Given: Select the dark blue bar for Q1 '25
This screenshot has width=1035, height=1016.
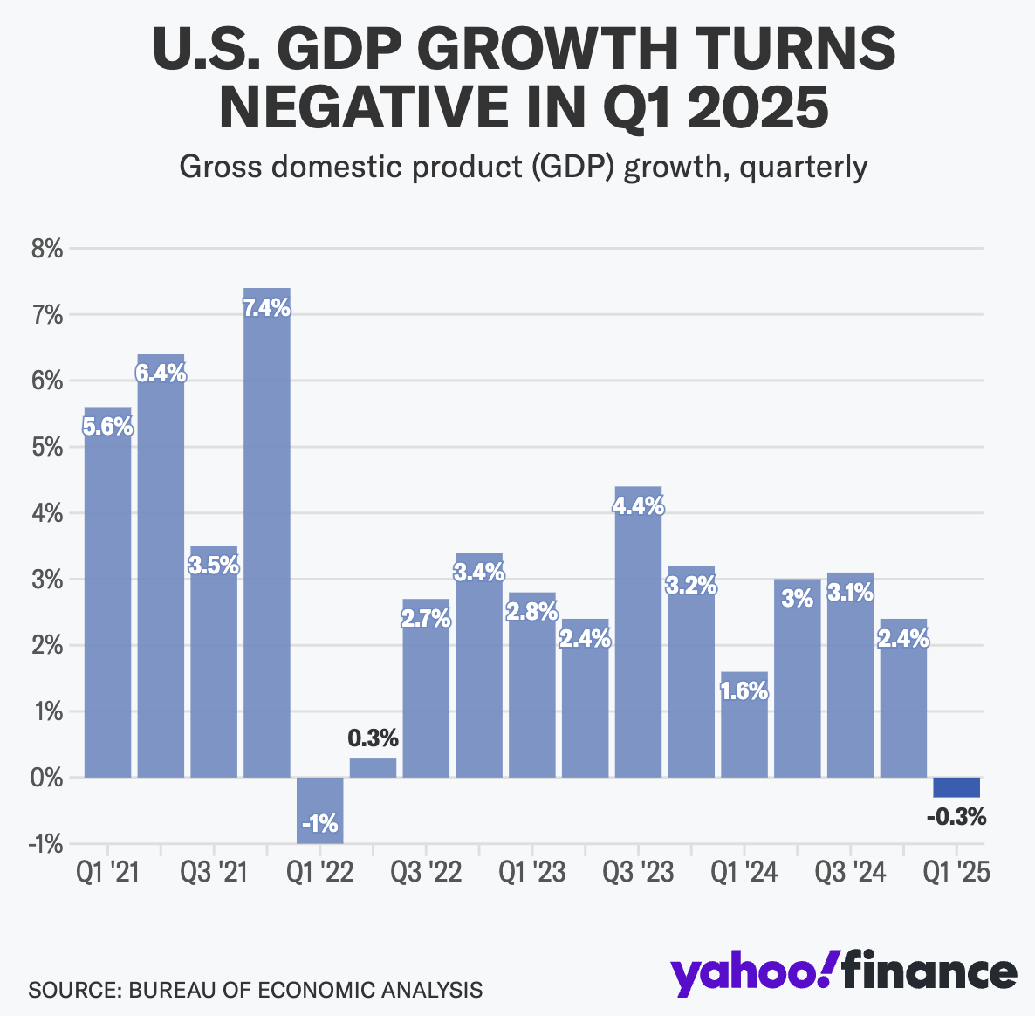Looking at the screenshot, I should coord(956,787).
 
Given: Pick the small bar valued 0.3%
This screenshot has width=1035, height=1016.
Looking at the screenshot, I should coord(374,767).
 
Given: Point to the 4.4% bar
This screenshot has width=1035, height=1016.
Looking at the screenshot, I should coord(638,637).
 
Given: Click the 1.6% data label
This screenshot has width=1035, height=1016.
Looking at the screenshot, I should coord(744,691).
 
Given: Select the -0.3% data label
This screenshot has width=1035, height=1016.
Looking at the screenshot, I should coord(956,818).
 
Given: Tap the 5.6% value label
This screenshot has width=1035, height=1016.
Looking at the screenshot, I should coord(107,427).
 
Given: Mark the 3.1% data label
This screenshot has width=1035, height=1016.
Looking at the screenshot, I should coord(850,594).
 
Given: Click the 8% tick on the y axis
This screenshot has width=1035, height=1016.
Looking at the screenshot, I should coord(47,250).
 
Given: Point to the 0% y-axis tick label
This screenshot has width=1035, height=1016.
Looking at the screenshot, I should coord(47,778).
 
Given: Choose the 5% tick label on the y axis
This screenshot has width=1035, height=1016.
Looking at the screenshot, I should coord(47,448).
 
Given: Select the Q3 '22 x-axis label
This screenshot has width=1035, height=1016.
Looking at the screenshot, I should coord(426,871).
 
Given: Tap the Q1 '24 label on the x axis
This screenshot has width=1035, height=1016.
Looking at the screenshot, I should coord(744,871).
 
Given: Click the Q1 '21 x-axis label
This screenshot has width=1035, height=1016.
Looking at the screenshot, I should coord(107,871).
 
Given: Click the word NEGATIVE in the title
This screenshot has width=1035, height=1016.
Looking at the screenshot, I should coord(383,106).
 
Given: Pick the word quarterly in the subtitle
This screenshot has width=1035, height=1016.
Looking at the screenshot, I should coord(803,166).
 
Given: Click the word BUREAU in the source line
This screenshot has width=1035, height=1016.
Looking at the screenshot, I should coord(173,990).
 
